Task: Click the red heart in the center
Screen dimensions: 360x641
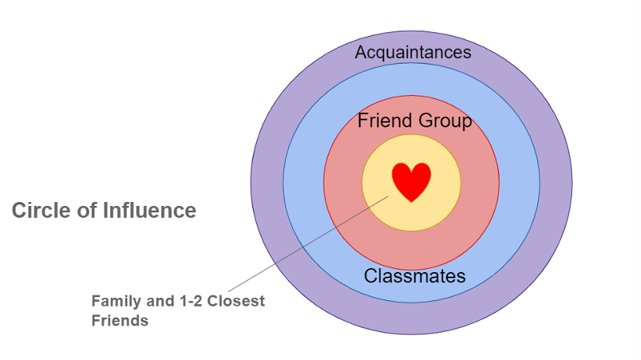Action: [x=412, y=182]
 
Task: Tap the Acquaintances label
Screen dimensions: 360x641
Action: [x=413, y=53]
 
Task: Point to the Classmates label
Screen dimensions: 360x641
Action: [x=415, y=276]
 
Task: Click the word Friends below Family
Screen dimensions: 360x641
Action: [x=119, y=320]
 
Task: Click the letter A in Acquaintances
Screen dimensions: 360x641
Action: [x=361, y=53]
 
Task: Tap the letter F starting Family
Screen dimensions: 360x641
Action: [x=95, y=301]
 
